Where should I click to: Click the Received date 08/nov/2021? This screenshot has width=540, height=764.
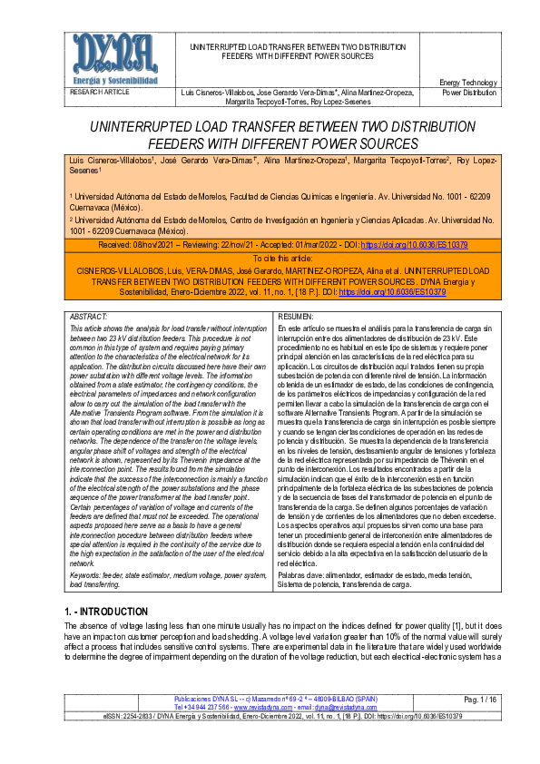[x=168, y=246]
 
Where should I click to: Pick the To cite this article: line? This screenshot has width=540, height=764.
[x=270, y=259]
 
